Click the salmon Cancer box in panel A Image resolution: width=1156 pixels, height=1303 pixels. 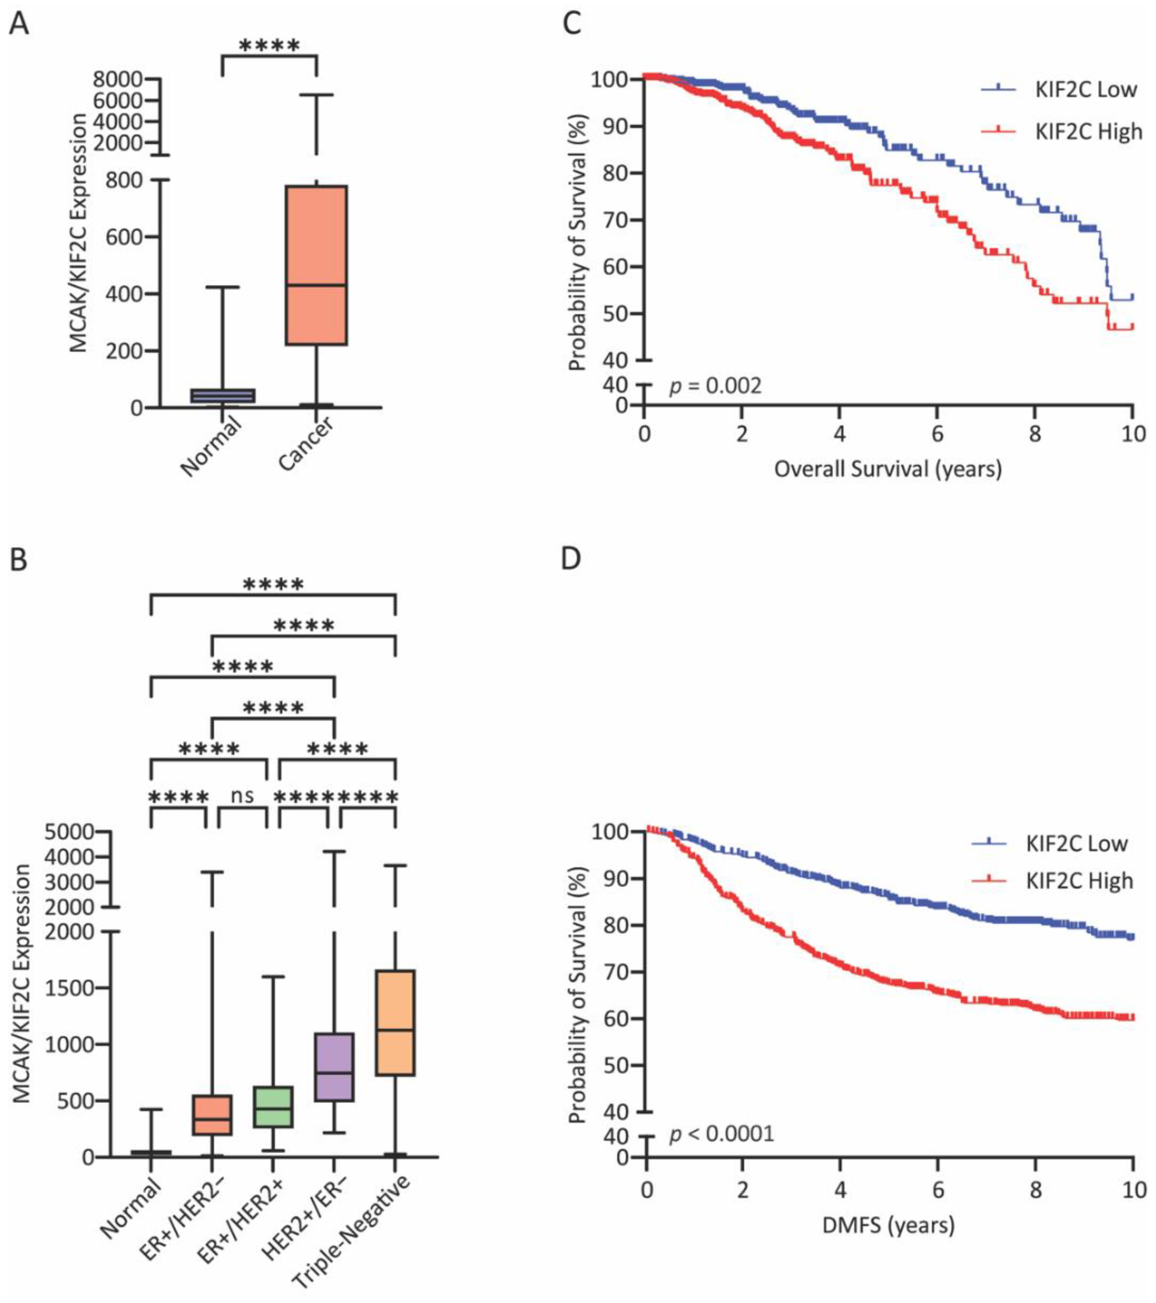click(316, 265)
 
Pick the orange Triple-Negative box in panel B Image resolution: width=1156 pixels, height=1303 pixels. click(395, 1023)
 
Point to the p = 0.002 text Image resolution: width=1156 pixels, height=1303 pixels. click(715, 386)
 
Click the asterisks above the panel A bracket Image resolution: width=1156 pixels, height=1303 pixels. click(269, 46)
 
